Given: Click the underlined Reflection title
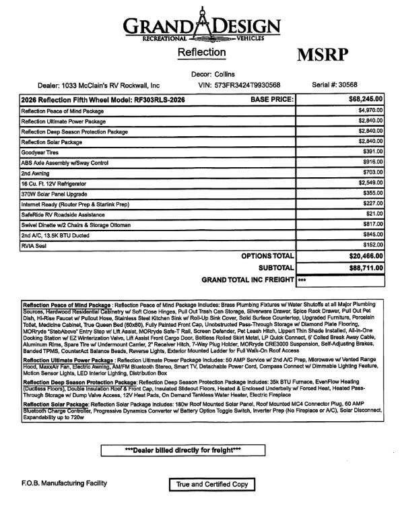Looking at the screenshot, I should [x=201, y=52].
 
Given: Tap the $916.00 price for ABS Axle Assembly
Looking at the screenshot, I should [x=372, y=163].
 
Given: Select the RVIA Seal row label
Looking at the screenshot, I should [x=34, y=246].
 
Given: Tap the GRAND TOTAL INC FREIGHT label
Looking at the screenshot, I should [x=245, y=279].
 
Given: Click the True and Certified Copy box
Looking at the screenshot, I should [x=212, y=485].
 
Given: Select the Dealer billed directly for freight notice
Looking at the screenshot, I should [x=182, y=450].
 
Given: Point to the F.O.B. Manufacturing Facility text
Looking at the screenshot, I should [x=55, y=485].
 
